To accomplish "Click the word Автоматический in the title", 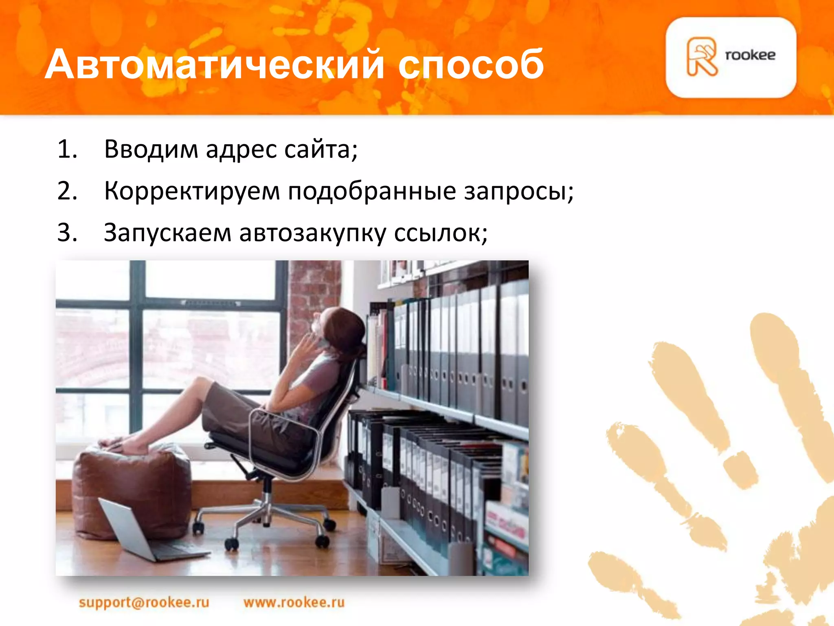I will (x=214, y=64).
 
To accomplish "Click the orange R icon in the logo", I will (x=701, y=57).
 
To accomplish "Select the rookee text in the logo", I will (x=750, y=55).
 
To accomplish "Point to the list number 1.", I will (x=67, y=149).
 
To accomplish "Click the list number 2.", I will (x=67, y=191).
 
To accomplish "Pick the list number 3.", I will (x=67, y=233).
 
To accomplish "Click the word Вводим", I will (x=151, y=149).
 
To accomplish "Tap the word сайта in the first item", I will (x=320, y=149).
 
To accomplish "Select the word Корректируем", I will (x=192, y=191).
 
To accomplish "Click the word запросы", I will (x=518, y=192).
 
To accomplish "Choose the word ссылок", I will (x=440, y=234).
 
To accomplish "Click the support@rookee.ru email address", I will (x=144, y=602).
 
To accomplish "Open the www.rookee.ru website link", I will (x=294, y=602).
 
